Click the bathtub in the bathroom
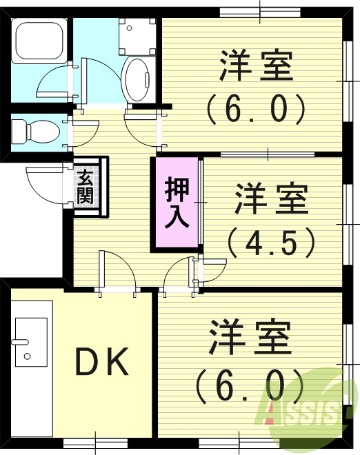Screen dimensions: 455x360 click(39, 41)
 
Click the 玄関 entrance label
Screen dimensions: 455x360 click(86, 185)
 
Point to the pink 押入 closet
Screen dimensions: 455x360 click(176, 203)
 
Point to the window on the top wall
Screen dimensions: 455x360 click(260, 11)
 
